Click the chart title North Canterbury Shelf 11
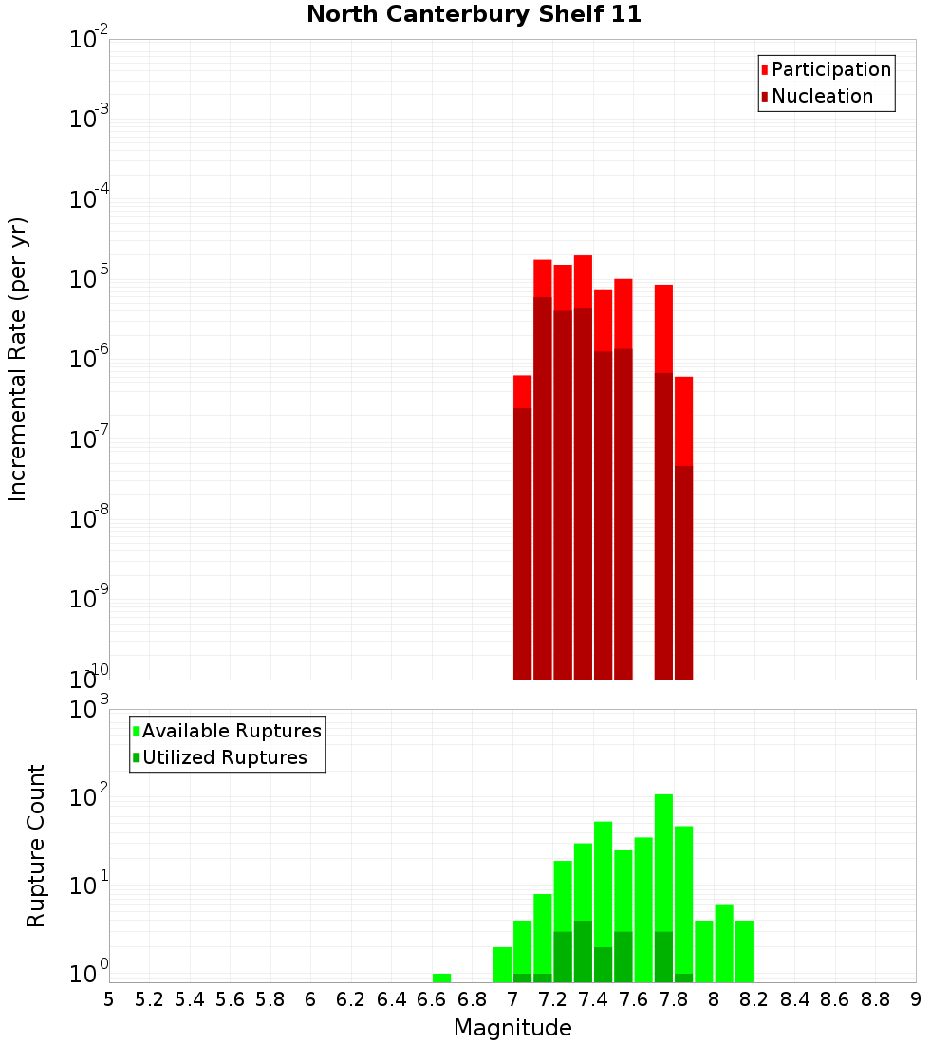(474, 15)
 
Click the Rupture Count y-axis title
(36, 845)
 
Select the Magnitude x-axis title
(512, 1028)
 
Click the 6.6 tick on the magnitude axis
(432, 999)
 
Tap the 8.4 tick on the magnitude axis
(794, 999)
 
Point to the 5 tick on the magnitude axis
(109, 999)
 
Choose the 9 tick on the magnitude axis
(916, 999)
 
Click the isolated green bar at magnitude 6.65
(441, 978)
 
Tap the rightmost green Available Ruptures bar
(744, 951)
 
